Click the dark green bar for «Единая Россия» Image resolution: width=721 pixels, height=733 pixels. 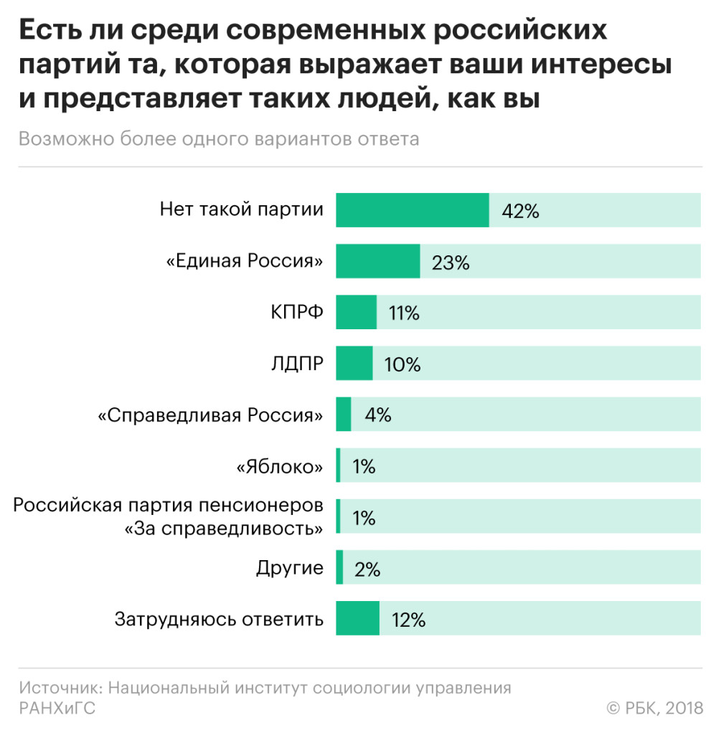pos(377,262)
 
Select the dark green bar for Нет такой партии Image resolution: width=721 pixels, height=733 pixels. pos(412,210)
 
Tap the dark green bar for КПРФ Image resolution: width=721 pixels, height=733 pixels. pos(356,313)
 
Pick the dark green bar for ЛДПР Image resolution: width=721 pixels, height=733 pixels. pos(354,364)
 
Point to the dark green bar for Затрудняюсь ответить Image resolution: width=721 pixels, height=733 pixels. pos(357,618)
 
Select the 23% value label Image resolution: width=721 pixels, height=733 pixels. pos(451,263)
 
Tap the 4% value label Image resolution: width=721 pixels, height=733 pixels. pos(377,415)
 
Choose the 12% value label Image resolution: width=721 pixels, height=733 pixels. pos(408,620)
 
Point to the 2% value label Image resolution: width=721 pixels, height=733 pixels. pos(367,569)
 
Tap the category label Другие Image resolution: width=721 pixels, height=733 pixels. pos(289,569)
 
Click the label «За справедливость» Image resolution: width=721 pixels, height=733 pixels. pos(223,529)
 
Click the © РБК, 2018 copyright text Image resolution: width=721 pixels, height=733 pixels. pos(655,708)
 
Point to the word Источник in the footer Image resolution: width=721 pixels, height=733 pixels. pos(61,688)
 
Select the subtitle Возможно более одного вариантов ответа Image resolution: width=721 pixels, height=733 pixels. pos(219,139)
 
